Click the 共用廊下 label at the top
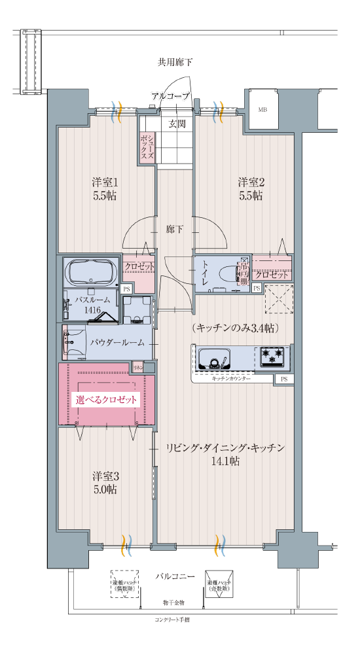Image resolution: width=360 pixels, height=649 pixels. pos(175,63)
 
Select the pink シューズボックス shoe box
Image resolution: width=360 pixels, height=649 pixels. pos(147,147)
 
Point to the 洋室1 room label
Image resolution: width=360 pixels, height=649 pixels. pos(104,188)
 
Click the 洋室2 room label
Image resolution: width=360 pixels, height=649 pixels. pos(251,188)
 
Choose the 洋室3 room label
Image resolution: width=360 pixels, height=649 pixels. pos(104,482)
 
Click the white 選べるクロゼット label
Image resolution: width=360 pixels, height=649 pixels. pos(107,400)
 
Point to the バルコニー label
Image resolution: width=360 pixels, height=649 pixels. pos(175,576)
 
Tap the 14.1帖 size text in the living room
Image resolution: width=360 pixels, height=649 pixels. pos(225,461)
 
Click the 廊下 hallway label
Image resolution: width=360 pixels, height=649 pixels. pos(174,229)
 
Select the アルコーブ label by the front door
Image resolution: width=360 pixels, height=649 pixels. pos(170,96)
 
